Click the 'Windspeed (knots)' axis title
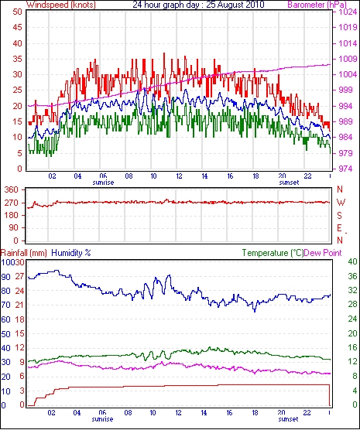click(61, 5)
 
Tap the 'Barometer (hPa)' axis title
click(317, 5)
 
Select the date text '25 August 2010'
click(235, 5)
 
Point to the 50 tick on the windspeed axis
click(17, 12)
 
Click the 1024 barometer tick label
click(347, 12)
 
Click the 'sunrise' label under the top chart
click(103, 183)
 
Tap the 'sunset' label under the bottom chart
click(288, 419)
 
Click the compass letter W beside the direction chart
click(341, 203)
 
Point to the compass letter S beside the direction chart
click(340, 216)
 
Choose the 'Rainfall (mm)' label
click(24, 253)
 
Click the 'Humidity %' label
click(71, 253)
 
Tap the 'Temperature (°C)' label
click(273, 253)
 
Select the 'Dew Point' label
click(323, 253)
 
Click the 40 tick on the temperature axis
click(352, 261)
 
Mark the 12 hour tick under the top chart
click(179, 176)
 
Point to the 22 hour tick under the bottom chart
click(307, 412)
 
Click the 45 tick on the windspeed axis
click(17, 27)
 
